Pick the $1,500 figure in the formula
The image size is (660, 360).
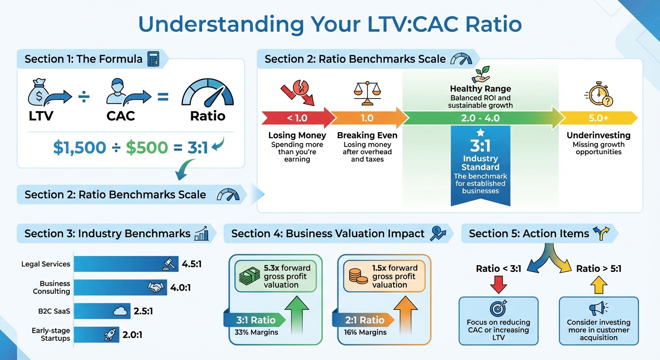80,148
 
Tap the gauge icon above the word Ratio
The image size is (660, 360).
207,91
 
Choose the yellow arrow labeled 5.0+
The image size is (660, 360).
598,118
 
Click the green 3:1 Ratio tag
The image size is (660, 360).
255,320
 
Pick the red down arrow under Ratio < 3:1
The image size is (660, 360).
498,285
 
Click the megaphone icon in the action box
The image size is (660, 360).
599,308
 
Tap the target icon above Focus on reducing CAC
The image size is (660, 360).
498,308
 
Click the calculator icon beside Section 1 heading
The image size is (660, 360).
153,59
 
